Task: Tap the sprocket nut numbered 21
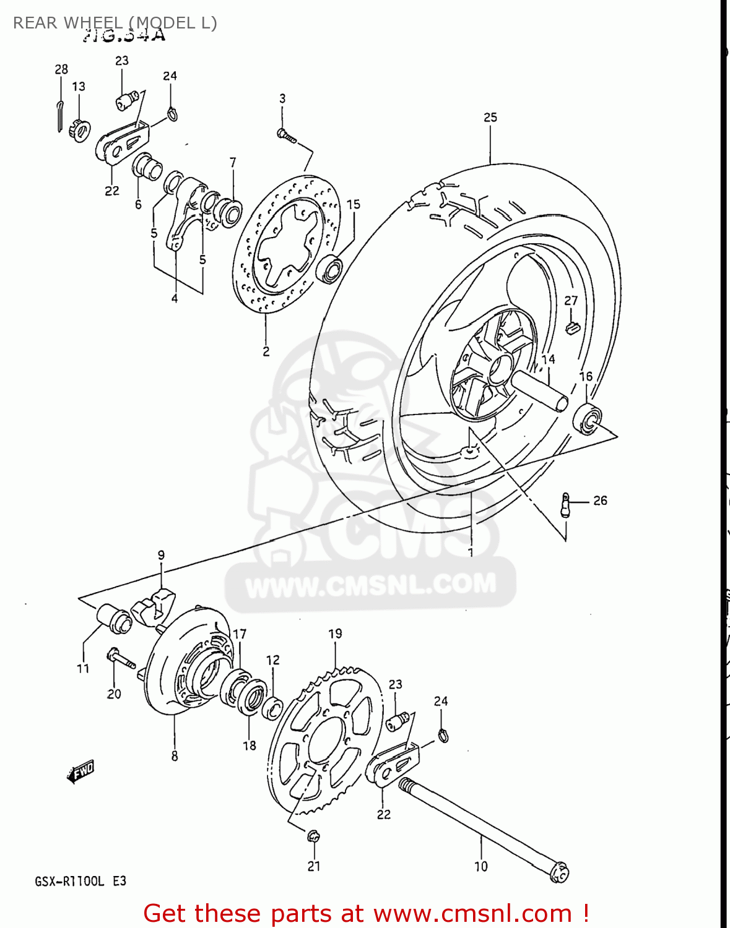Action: [x=313, y=838]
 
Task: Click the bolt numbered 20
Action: [x=121, y=659]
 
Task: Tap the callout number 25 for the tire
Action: [x=490, y=117]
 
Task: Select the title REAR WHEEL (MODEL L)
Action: [x=115, y=23]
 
